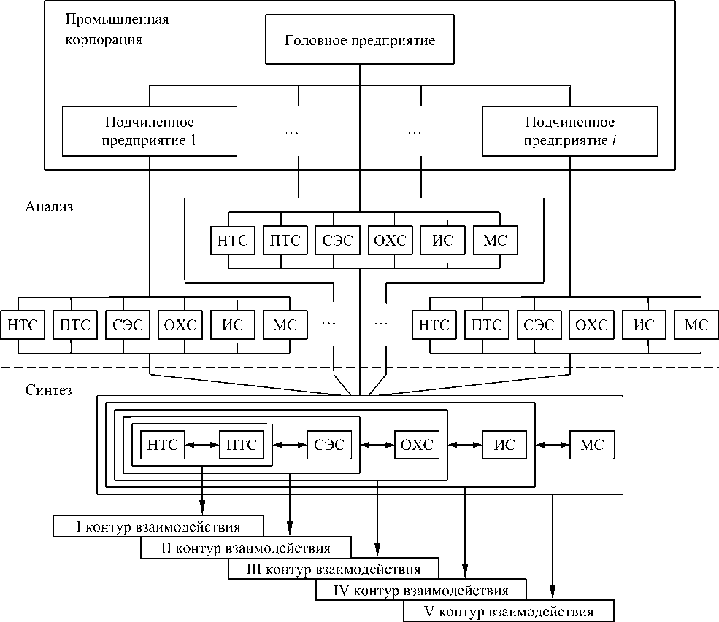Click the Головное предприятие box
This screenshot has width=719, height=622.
click(x=359, y=39)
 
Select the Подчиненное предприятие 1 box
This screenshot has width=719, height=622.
click(x=150, y=131)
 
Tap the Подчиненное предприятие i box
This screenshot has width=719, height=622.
click(x=569, y=131)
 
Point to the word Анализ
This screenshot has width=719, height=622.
click(x=50, y=206)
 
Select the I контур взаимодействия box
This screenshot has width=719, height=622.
click(x=158, y=525)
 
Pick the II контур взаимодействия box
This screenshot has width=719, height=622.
click(x=245, y=547)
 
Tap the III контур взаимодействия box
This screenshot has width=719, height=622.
click(x=334, y=568)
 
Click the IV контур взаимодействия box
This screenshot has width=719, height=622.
click(x=420, y=589)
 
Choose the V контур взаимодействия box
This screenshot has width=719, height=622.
click(x=508, y=611)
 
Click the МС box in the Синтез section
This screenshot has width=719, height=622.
click(x=591, y=444)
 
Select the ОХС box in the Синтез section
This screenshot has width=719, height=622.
click(x=417, y=444)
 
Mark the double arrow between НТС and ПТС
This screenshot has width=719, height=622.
click(x=201, y=444)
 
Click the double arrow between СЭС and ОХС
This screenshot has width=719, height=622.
click(x=377, y=444)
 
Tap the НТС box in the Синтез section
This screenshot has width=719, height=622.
click(x=162, y=444)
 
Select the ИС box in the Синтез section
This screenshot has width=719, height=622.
click(x=504, y=444)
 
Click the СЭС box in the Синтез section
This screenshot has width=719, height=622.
click(x=329, y=444)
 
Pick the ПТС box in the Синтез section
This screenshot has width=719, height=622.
click(x=242, y=444)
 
